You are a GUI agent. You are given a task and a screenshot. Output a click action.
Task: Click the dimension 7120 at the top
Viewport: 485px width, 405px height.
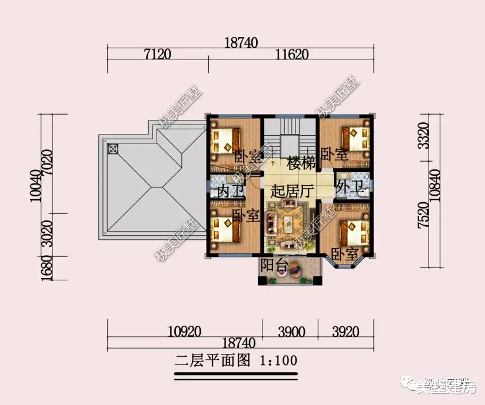coord(157,55)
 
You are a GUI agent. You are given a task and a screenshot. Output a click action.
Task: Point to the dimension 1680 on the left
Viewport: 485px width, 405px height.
coord(49,268)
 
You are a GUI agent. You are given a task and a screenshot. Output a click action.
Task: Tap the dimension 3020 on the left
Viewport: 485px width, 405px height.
coord(49,233)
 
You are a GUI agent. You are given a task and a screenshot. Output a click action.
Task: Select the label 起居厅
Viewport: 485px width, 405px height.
coord(292,191)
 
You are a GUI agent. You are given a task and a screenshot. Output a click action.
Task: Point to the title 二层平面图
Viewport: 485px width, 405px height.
coord(214,359)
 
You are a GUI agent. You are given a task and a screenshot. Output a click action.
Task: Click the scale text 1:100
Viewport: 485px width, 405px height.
coord(278,359)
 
